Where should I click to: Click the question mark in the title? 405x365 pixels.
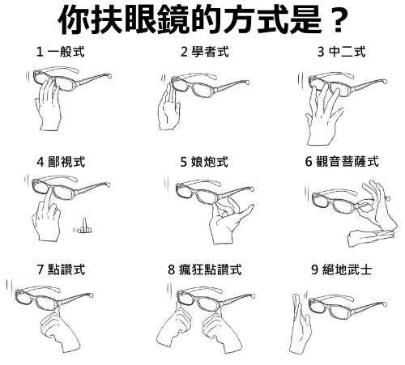(x=337, y=19)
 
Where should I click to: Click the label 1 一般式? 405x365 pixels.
(x=61, y=52)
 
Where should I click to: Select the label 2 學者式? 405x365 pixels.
(x=205, y=52)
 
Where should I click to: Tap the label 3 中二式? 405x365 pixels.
(x=342, y=52)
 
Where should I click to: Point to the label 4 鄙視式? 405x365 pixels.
(x=61, y=162)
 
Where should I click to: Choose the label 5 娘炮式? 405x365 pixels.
(x=204, y=162)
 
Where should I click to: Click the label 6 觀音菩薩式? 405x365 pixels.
(x=342, y=162)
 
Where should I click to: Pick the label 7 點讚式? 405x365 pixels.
(x=61, y=270)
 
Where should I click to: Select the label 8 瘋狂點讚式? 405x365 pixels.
(x=204, y=270)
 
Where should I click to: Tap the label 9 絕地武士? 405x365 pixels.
(x=342, y=270)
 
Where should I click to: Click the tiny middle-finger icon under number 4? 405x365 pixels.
(x=83, y=226)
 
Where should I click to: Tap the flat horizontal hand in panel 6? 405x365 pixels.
(x=370, y=237)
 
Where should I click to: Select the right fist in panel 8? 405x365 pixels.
(x=222, y=330)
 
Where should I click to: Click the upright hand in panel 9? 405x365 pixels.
(x=300, y=324)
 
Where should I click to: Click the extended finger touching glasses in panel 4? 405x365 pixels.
(x=49, y=200)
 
